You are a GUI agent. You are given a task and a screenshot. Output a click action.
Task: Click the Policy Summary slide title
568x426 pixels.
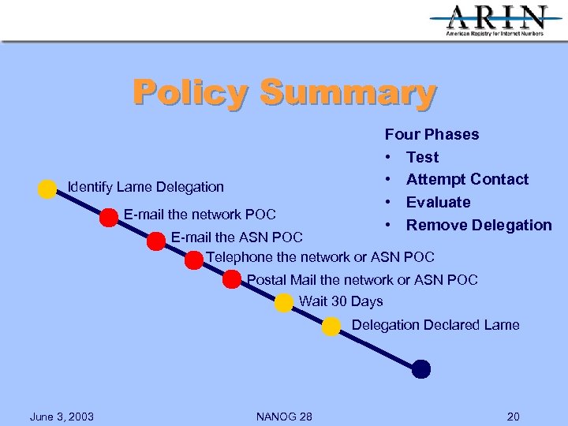[284, 92]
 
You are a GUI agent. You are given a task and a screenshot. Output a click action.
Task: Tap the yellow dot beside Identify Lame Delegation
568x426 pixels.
[47, 189]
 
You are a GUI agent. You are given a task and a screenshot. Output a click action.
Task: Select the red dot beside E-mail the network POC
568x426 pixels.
[109, 218]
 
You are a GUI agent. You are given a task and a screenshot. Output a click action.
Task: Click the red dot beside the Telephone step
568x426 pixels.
[194, 260]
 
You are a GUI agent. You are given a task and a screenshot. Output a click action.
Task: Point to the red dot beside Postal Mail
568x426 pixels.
[232, 279]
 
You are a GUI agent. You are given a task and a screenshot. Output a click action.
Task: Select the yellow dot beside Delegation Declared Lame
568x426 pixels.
[332, 326]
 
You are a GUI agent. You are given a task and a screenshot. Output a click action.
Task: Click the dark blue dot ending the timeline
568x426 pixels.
[421, 368]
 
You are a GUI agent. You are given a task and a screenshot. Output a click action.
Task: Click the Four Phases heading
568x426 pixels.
[432, 134]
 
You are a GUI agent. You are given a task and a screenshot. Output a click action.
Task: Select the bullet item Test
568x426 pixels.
[422, 157]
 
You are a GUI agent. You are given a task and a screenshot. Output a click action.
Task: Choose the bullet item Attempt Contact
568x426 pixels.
[467, 179]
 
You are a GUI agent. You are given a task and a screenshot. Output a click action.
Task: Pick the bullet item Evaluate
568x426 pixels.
[438, 202]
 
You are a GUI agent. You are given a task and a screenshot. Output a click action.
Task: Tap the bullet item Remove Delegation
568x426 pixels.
[479, 225]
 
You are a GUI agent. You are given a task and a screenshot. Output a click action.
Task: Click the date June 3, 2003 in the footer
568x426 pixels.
[62, 417]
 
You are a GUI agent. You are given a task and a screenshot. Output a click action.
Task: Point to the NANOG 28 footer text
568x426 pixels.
[284, 417]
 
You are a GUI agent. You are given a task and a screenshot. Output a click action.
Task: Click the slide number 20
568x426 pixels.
[514, 417]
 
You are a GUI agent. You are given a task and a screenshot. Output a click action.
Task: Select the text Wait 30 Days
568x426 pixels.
[341, 301]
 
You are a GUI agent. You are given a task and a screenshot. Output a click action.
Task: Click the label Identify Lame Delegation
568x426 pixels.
[146, 187]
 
